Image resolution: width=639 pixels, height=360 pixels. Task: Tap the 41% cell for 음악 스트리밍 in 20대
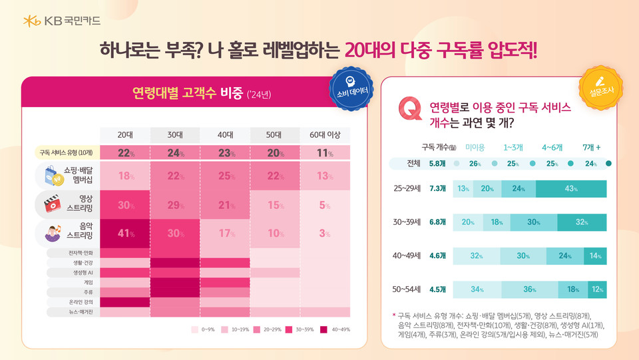125,234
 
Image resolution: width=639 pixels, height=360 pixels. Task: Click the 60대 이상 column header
324,135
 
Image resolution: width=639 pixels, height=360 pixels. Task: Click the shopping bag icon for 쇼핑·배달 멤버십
53,176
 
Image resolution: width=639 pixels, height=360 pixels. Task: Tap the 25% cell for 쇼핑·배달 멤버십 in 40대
224,176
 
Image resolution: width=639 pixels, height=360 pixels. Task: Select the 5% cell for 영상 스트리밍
324,205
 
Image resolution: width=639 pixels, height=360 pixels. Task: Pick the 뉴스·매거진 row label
74,311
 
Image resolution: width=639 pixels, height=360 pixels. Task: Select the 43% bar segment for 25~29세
570,189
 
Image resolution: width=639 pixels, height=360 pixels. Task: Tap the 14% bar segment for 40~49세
595,256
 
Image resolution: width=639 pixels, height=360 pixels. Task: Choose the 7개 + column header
591,147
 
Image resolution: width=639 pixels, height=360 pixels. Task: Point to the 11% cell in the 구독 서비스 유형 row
324,153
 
